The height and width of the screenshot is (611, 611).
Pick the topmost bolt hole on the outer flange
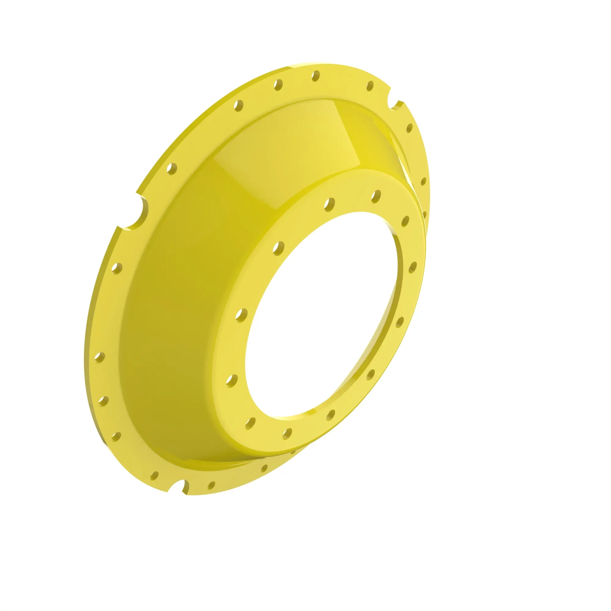315,76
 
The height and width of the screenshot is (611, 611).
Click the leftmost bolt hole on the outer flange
100,357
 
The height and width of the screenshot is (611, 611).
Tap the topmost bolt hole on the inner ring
376,196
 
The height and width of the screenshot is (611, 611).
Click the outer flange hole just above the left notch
172,169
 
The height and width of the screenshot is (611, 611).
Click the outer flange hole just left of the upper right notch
370,86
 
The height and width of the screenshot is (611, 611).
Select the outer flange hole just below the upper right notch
410,128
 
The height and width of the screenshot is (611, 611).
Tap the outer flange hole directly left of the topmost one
278,85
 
